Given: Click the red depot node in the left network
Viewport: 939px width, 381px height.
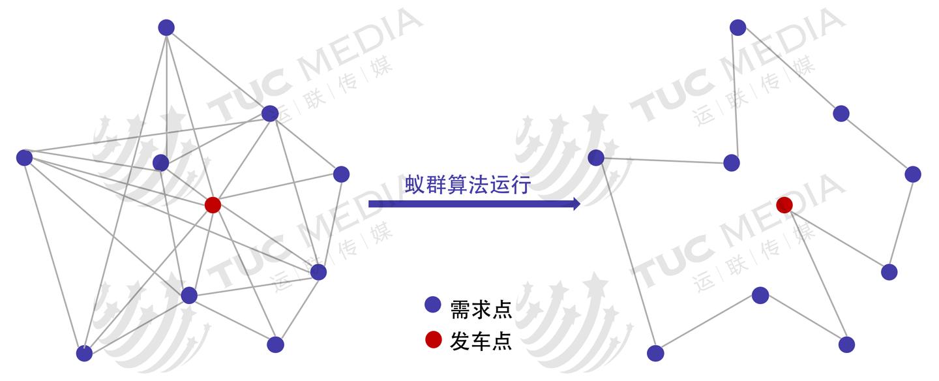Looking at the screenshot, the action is pyautogui.click(x=213, y=206).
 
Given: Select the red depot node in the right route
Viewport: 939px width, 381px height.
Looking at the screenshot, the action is pyautogui.click(x=784, y=206).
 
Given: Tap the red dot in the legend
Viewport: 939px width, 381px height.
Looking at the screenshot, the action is pyautogui.click(x=433, y=339).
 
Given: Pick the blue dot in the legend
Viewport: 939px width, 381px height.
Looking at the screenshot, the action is pyautogui.click(x=432, y=305).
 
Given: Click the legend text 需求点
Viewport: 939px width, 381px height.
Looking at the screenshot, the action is pyautogui.click(x=481, y=310).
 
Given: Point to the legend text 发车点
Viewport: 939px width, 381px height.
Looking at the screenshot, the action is pyautogui.click(x=481, y=341).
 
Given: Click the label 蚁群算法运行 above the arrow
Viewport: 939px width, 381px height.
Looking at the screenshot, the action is pyautogui.click(x=468, y=185).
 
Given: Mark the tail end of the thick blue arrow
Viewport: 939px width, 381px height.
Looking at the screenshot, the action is pyautogui.click(x=369, y=204).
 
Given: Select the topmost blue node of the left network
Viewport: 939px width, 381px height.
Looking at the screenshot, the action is pyautogui.click(x=166, y=27).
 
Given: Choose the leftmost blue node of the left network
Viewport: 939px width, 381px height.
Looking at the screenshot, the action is pyautogui.click(x=24, y=158).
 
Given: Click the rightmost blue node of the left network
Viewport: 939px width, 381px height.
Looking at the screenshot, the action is pyautogui.click(x=341, y=174).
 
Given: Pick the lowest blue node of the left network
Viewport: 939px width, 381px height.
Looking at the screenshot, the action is pyautogui.click(x=84, y=354).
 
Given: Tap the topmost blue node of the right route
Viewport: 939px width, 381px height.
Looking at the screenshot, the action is pyautogui.click(x=738, y=27).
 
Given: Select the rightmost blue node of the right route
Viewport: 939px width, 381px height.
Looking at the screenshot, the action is pyautogui.click(x=913, y=174).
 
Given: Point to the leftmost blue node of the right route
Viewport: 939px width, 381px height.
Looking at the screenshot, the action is pyautogui.click(x=596, y=158).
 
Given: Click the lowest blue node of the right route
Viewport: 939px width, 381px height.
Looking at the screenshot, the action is pyautogui.click(x=655, y=354).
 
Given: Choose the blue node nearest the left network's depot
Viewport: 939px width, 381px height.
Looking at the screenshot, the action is pyautogui.click(x=160, y=163).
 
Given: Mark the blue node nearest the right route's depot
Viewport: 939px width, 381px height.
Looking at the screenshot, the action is pyautogui.click(x=732, y=163).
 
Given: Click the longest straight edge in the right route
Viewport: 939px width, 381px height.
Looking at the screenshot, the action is pyautogui.click(x=626, y=256).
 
